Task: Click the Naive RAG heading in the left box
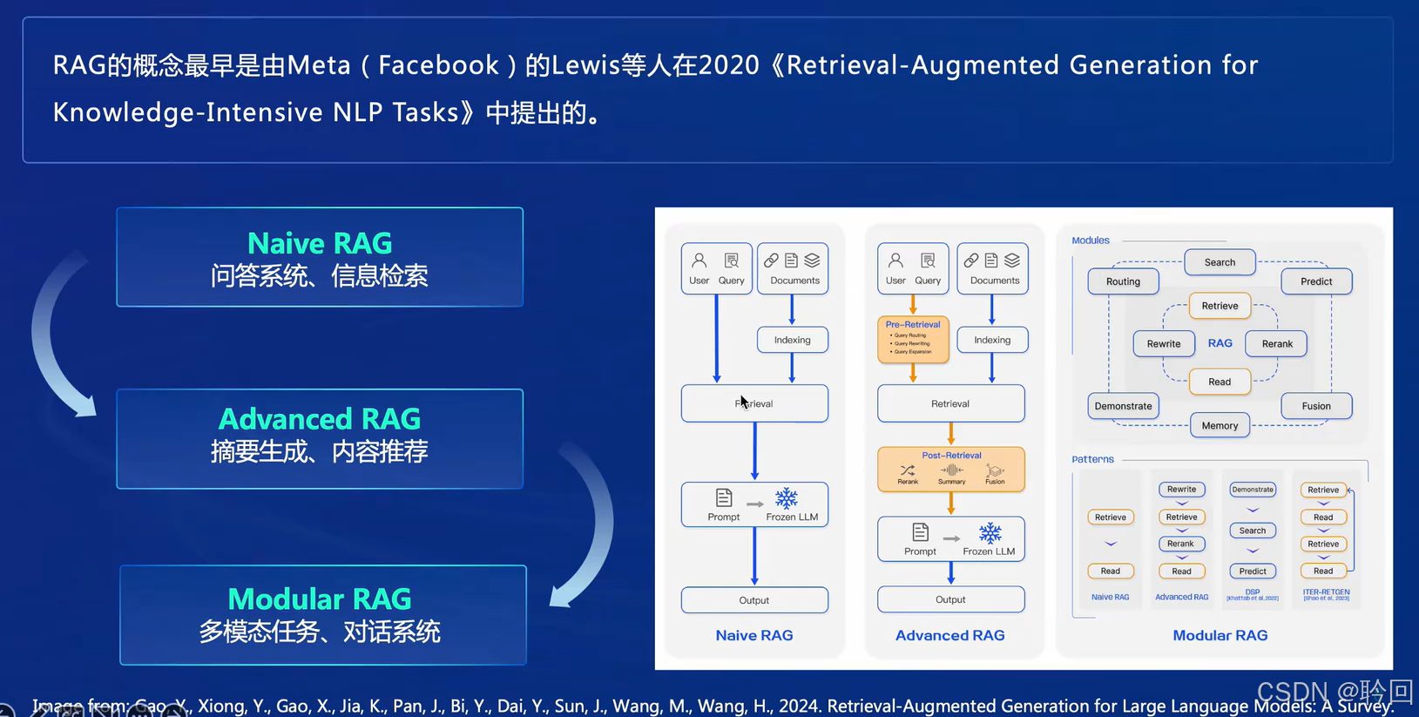click(x=320, y=243)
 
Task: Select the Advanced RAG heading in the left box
click(x=320, y=419)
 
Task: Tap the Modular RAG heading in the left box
click(x=320, y=599)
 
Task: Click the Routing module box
click(x=1123, y=281)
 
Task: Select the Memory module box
click(x=1220, y=425)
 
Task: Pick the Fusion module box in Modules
click(x=1315, y=406)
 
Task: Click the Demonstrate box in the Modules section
click(x=1123, y=406)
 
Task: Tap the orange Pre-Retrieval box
click(x=913, y=339)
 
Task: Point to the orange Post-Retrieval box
click(x=951, y=469)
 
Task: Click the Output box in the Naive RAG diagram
click(x=754, y=600)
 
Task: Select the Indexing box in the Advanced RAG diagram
click(x=992, y=340)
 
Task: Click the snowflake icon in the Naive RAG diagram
click(x=787, y=498)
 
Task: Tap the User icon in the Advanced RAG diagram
click(x=895, y=260)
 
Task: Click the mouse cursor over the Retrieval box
click(x=743, y=402)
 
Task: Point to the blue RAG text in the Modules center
click(x=1220, y=343)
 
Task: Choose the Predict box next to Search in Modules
click(x=1315, y=281)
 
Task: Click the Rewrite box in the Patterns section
click(x=1181, y=490)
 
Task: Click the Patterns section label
click(x=1092, y=459)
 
